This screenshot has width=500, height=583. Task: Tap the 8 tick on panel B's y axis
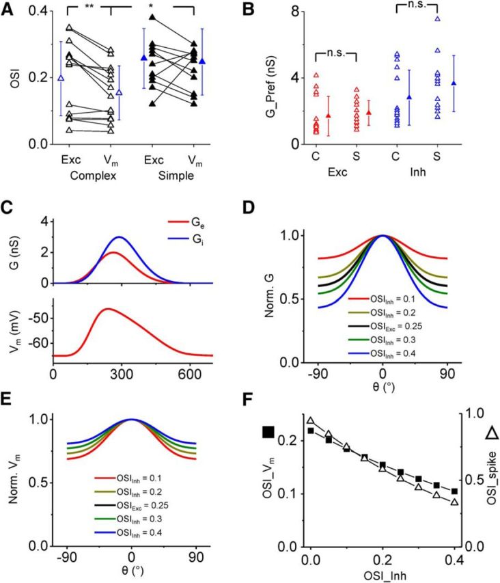click(290, 12)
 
